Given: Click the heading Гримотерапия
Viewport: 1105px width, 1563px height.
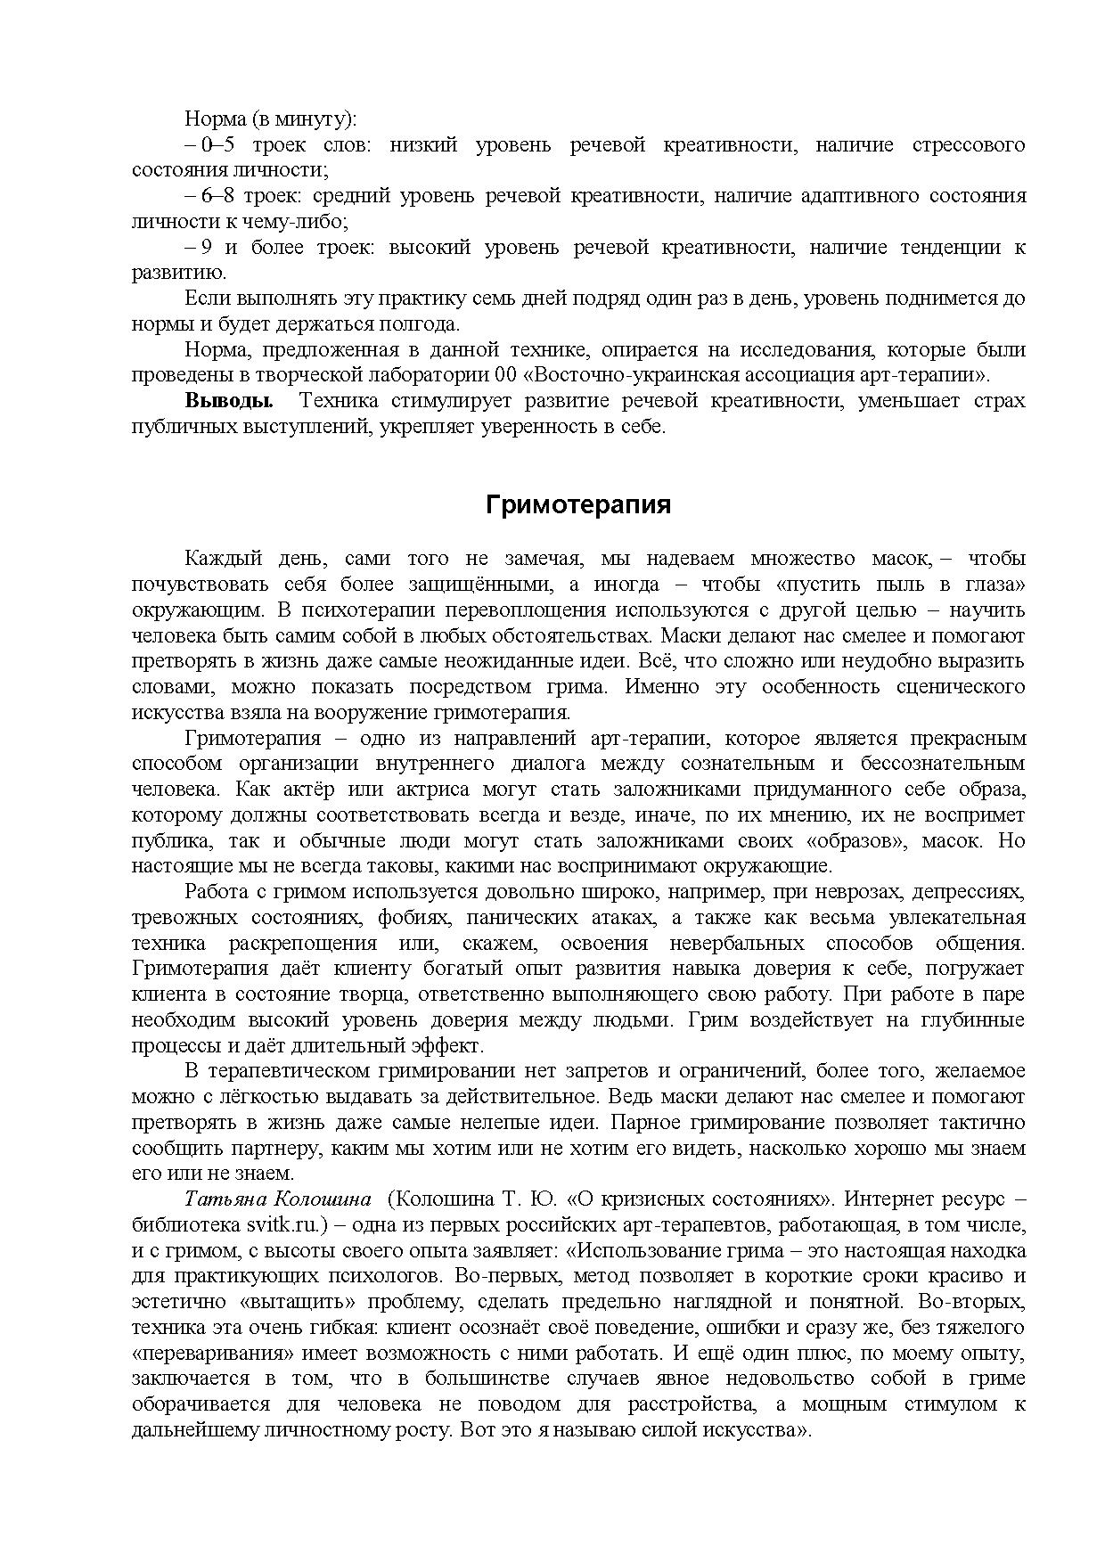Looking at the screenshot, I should tap(577, 505).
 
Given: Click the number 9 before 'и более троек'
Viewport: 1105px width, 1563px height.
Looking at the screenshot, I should tap(206, 248).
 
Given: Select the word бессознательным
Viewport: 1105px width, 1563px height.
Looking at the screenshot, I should tap(943, 764).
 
